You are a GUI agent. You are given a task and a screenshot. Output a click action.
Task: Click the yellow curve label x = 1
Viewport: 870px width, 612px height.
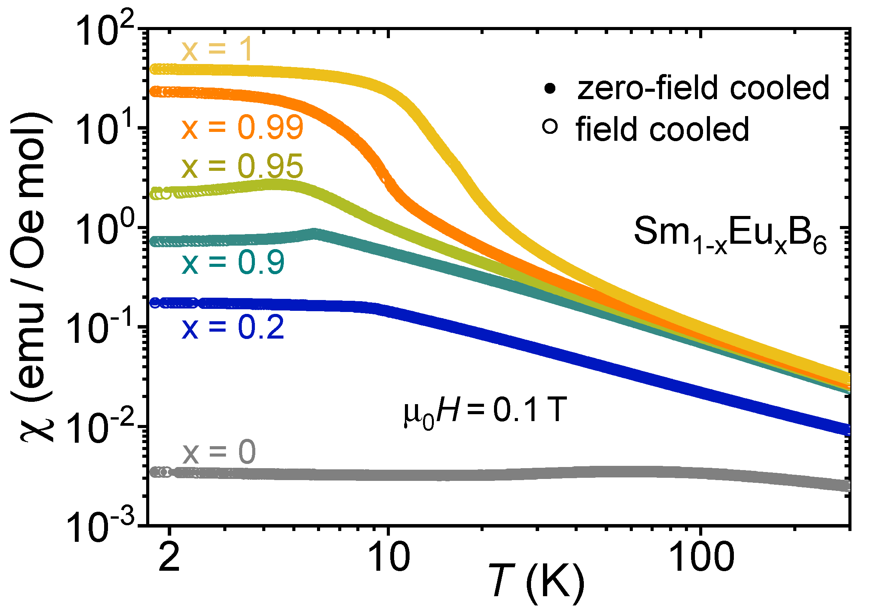(x=217, y=50)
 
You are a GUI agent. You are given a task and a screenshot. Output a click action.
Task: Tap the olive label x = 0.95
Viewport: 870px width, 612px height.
(x=242, y=167)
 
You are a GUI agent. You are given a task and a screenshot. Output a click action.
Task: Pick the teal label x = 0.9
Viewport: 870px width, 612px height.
(x=233, y=263)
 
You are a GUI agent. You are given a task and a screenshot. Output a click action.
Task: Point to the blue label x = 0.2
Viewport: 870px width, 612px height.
(x=233, y=327)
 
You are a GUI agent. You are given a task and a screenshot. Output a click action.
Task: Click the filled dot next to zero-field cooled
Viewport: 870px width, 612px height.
(x=550, y=89)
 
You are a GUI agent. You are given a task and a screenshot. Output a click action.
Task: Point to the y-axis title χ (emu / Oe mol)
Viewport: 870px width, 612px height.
(x=32, y=278)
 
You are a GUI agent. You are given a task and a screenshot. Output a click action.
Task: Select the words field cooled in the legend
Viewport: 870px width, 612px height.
(x=662, y=129)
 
